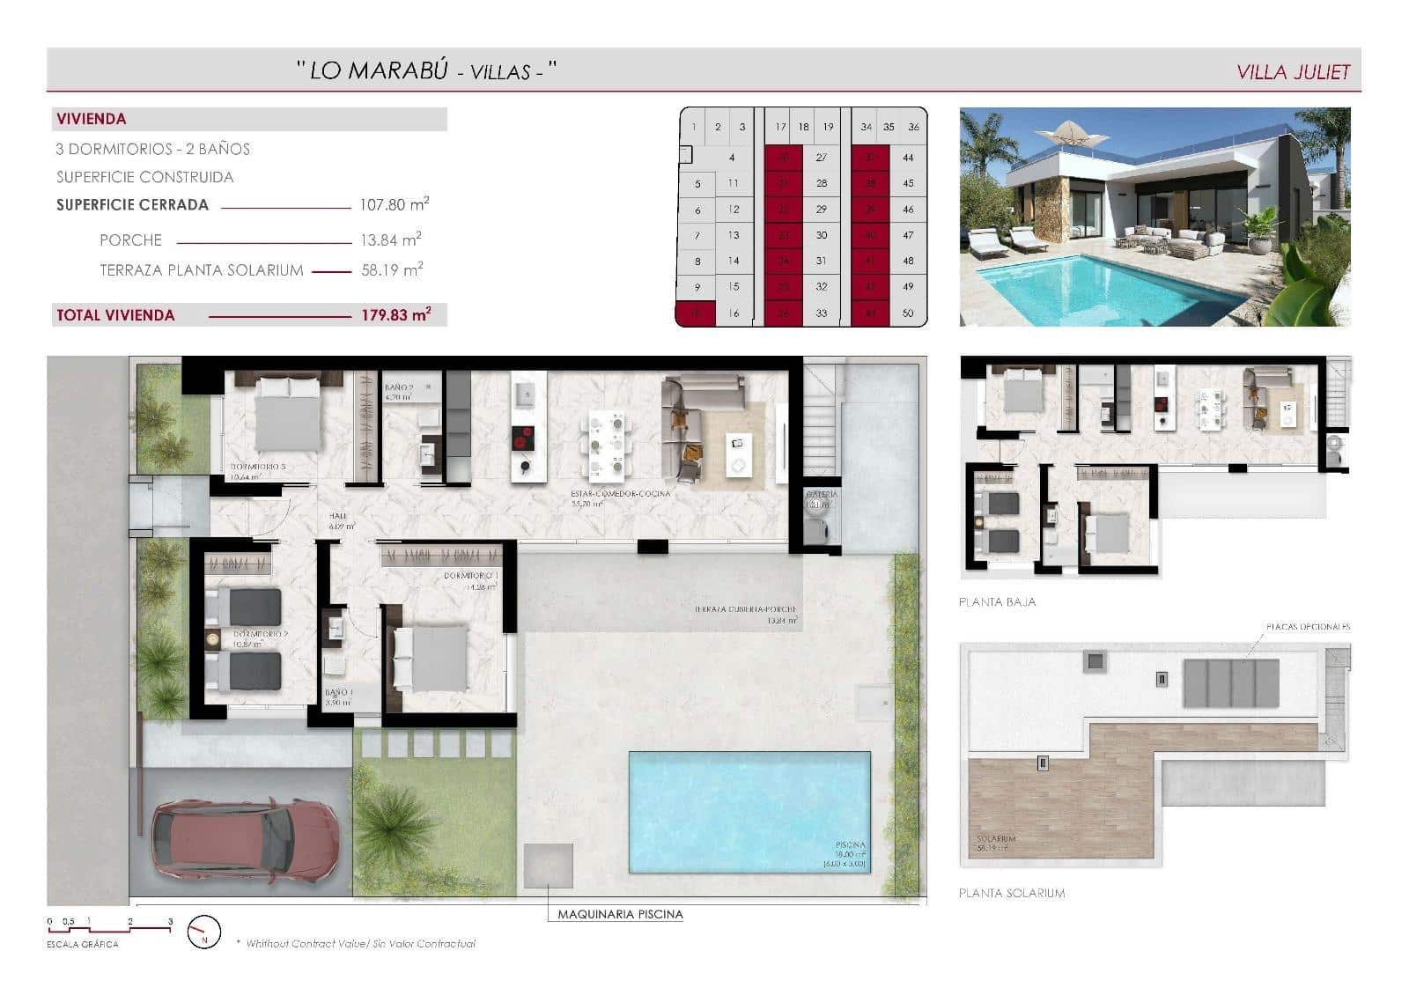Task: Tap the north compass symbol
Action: point(205,932)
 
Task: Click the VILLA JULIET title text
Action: point(1292,72)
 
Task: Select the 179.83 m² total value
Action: point(395,314)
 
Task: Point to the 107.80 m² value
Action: point(394,205)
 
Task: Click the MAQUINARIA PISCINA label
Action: point(620,914)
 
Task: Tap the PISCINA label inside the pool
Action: point(850,845)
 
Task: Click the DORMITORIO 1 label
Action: point(470,576)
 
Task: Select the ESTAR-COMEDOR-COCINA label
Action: point(621,494)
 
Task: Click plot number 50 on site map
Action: point(908,313)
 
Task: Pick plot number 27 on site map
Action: point(821,158)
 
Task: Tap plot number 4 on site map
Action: point(732,158)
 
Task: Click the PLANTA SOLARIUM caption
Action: point(1011,893)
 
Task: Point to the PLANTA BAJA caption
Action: point(997,602)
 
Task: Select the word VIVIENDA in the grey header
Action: point(92,119)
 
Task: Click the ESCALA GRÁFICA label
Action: point(83,944)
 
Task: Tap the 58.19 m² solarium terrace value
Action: point(392,270)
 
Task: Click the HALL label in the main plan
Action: point(338,517)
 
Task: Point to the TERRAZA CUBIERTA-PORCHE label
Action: point(744,609)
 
